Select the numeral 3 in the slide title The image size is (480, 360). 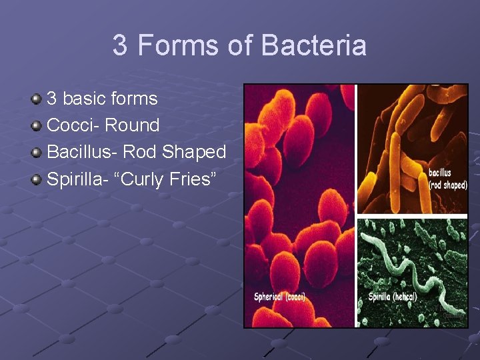(x=120, y=46)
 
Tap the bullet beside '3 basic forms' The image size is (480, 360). (x=37, y=99)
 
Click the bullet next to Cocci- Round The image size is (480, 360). (x=37, y=126)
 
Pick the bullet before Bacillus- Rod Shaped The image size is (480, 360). (x=37, y=153)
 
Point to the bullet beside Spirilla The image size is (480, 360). (x=37, y=179)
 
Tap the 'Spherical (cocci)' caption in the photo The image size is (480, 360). (x=279, y=297)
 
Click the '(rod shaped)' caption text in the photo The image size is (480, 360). (x=448, y=185)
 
